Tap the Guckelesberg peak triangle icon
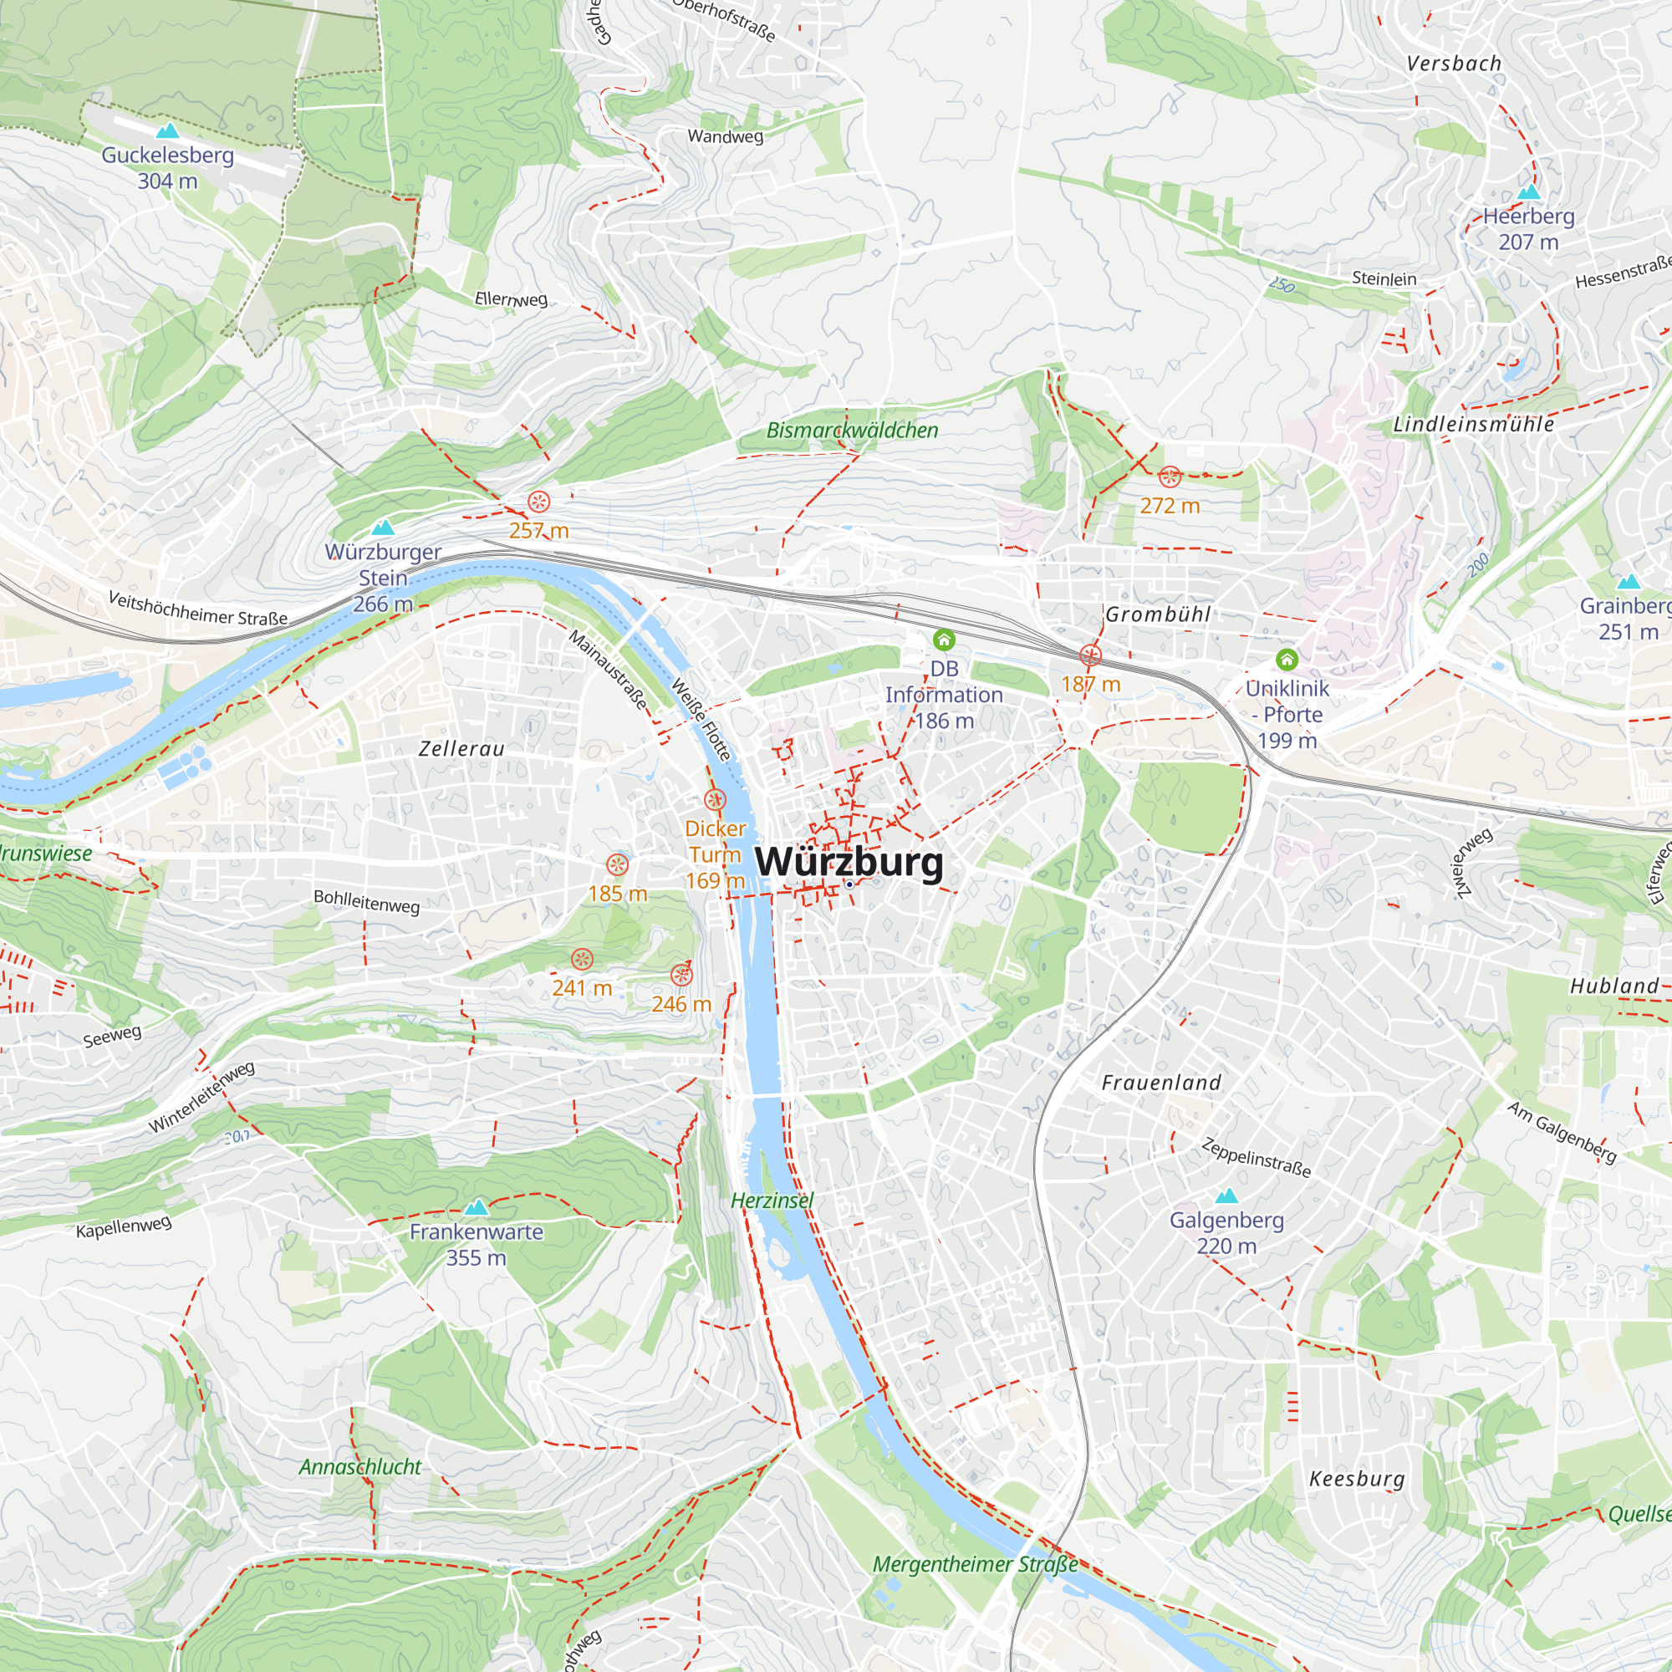pyautogui.click(x=168, y=130)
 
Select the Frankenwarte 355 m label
pyautogui.click(x=476, y=1245)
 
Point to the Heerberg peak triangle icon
pyautogui.click(x=1529, y=191)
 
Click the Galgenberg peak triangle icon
pyautogui.click(x=1226, y=1196)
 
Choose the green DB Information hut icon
pyautogui.click(x=943, y=640)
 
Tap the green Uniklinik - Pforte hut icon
pyautogui.click(x=1287, y=660)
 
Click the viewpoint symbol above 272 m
pyautogui.click(x=1170, y=476)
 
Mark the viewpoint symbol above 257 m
pyautogui.click(x=538, y=501)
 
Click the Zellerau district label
pyautogui.click(x=461, y=748)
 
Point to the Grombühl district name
pyautogui.click(x=1158, y=614)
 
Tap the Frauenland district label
pyautogui.click(x=1161, y=1083)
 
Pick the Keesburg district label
pyautogui.click(x=1357, y=1479)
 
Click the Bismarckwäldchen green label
pyautogui.click(x=852, y=430)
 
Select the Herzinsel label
pyautogui.click(x=772, y=1200)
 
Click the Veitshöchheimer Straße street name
pyautogui.click(x=197, y=609)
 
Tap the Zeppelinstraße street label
pyautogui.click(x=1256, y=1157)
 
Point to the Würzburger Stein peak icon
pyautogui.click(x=383, y=527)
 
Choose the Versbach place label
pyautogui.click(x=1454, y=64)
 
